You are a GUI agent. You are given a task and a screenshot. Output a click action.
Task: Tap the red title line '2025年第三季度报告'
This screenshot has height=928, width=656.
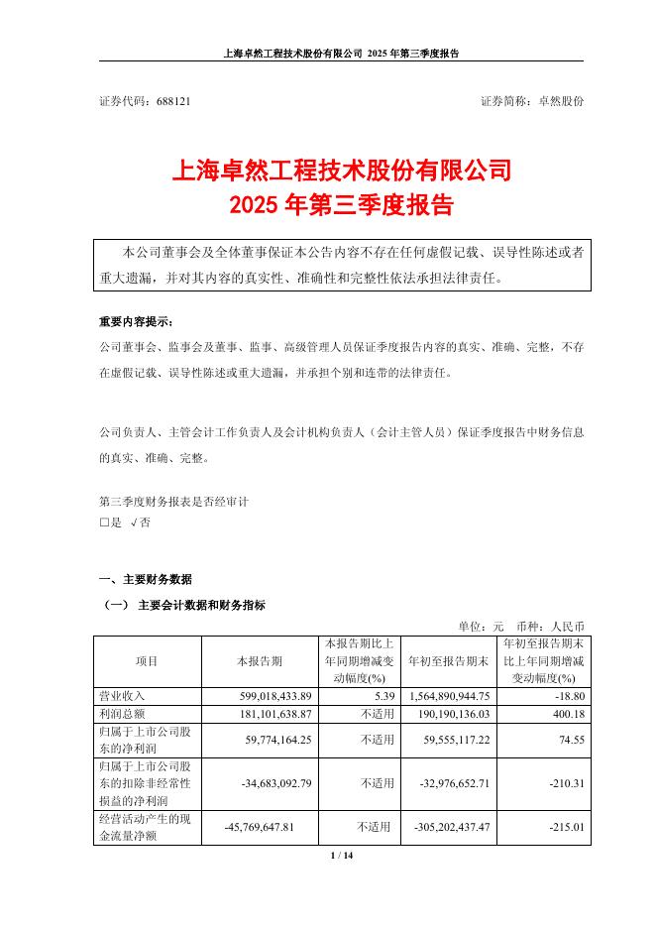click(341, 206)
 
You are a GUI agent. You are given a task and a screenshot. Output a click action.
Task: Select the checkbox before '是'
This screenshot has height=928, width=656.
click(104, 522)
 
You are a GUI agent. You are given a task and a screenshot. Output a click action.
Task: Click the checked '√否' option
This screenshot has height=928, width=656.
click(140, 522)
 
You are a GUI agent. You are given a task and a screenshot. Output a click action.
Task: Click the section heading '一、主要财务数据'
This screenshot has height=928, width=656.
click(146, 579)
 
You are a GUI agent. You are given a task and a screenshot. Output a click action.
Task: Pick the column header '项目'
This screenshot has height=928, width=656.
click(146, 660)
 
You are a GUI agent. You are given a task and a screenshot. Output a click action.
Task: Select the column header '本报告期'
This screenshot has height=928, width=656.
click(259, 660)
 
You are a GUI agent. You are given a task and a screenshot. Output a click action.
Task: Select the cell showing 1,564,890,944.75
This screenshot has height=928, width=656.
click(444, 697)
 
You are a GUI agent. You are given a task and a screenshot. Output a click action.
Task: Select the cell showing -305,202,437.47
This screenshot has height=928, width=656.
click(444, 825)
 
